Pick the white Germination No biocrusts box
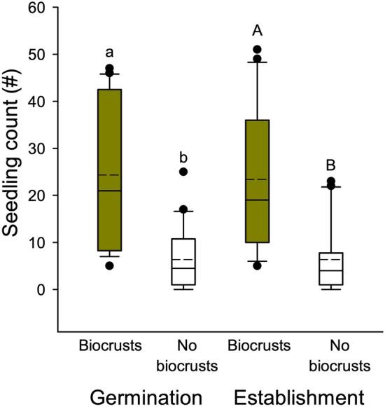[183, 261]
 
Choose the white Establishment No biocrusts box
[331, 268]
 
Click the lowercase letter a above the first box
[109, 53]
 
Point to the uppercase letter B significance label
[332, 166]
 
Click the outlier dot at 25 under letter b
[183, 172]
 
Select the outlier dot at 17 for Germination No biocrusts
[183, 209]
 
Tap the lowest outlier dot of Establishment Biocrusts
[258, 265]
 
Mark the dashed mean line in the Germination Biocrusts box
[109, 174]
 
